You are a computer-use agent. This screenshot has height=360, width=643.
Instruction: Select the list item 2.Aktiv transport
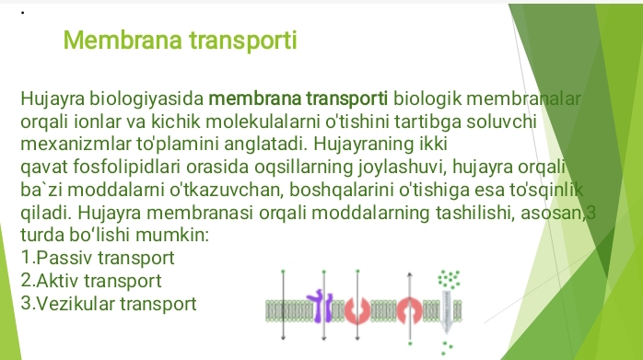pos(91,280)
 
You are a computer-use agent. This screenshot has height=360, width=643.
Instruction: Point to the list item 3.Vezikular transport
pos(108,301)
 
